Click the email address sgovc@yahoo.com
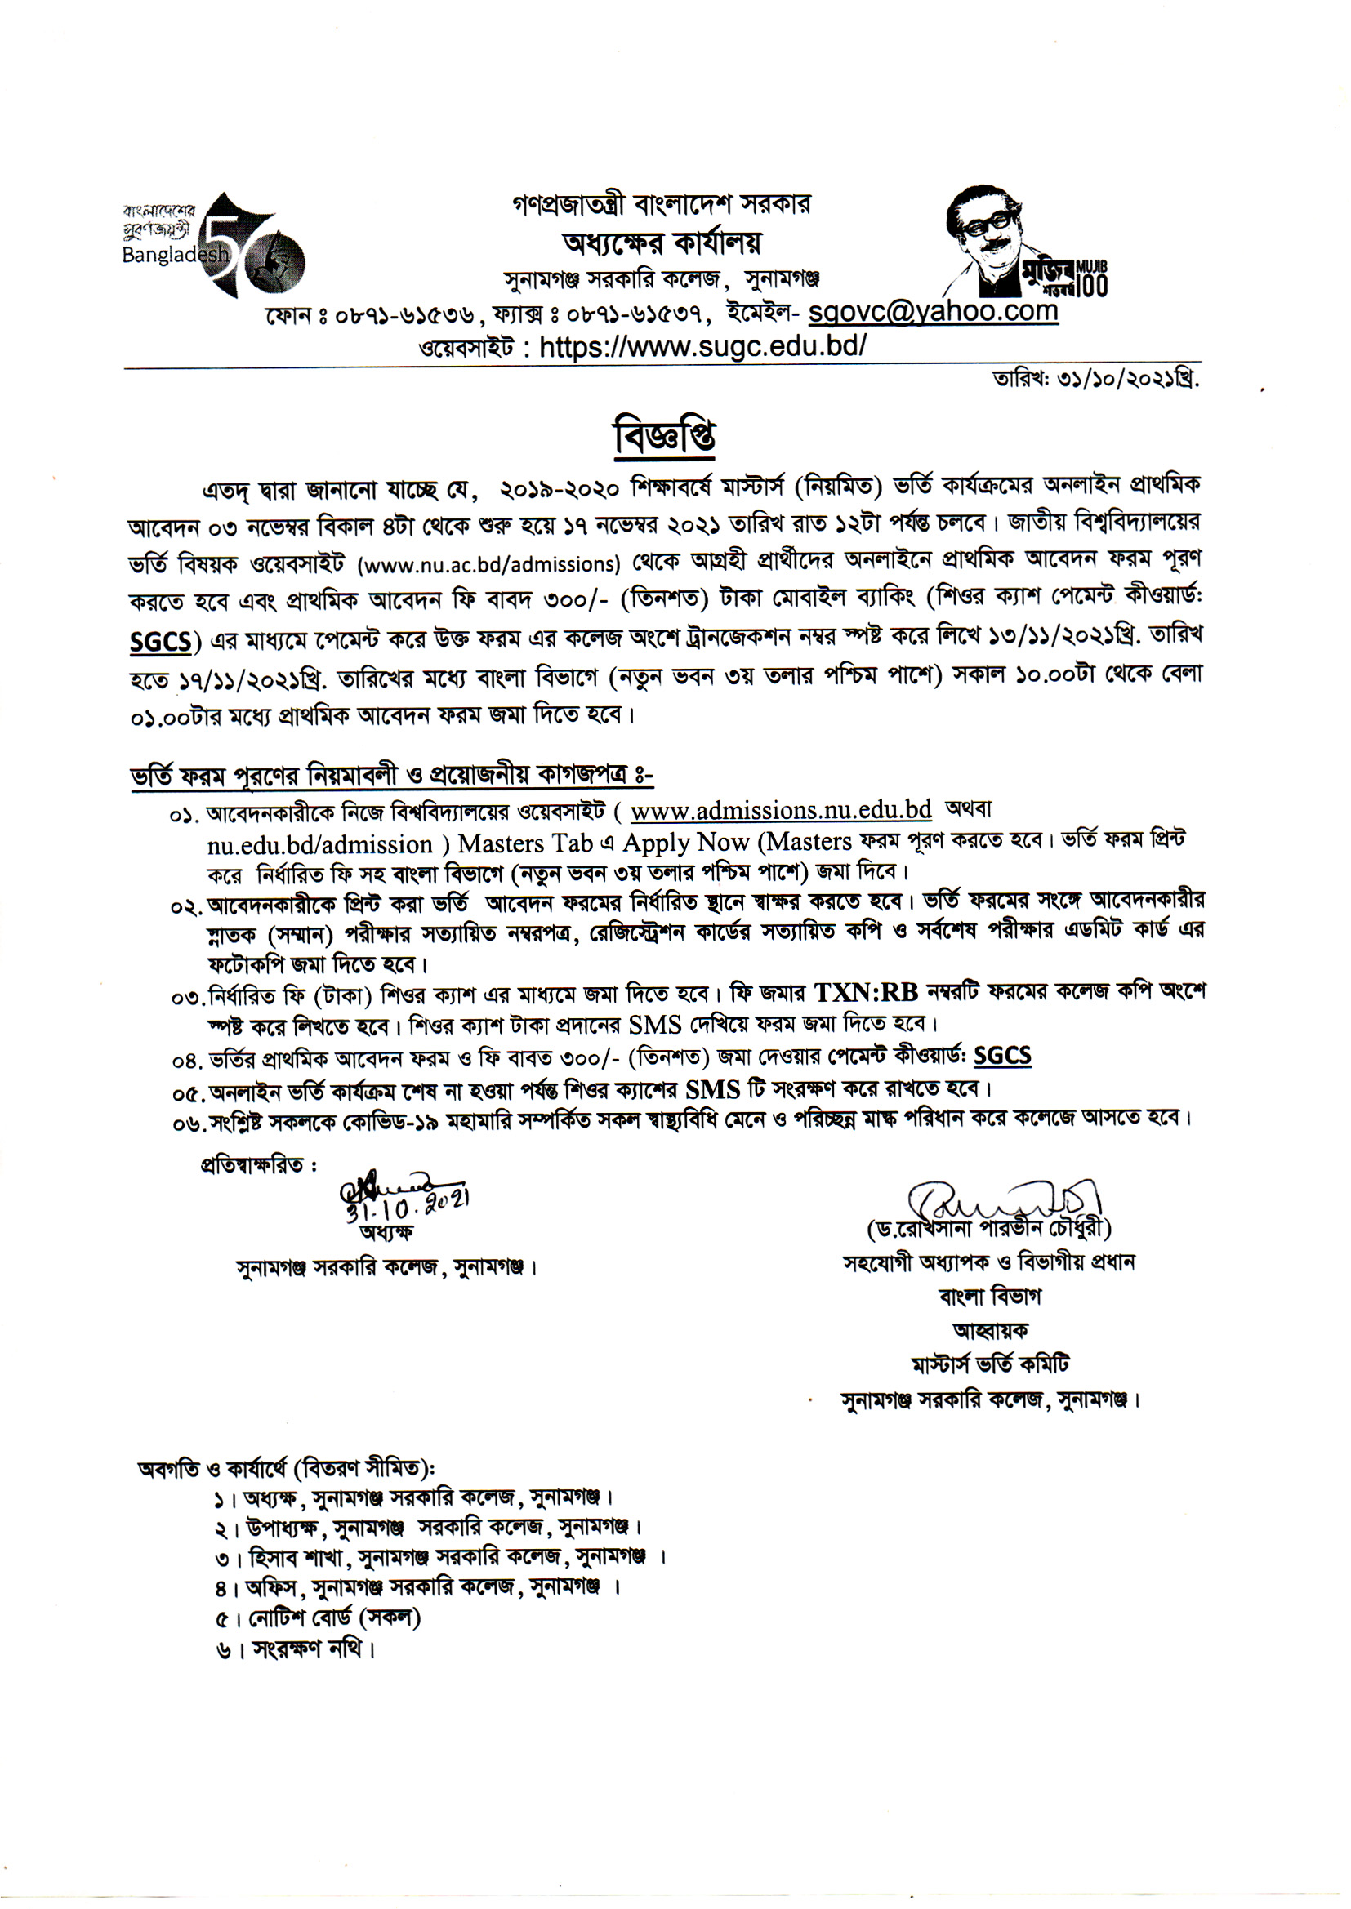933,312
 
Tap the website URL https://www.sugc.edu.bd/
703,346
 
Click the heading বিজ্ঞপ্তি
664,437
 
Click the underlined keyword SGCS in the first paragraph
161,643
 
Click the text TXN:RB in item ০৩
866,993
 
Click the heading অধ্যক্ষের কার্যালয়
662,243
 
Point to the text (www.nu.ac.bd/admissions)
489,564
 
